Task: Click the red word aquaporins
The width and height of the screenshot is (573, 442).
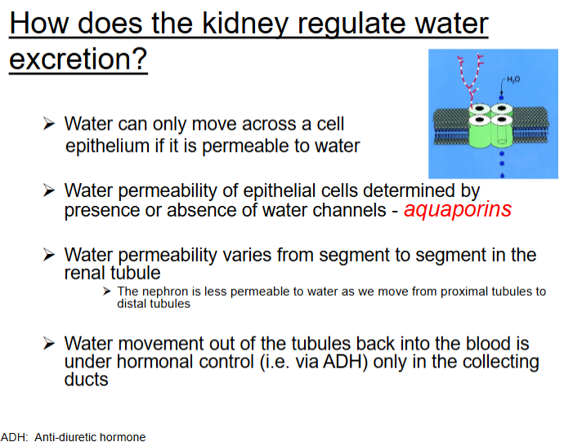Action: pos(458,210)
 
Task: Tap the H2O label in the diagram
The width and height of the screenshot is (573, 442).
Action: pos(513,79)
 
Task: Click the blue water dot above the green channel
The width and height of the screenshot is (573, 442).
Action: pos(501,97)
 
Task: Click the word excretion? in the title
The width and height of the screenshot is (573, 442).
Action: pos(78,59)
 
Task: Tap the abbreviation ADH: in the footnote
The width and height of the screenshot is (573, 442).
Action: pos(14,437)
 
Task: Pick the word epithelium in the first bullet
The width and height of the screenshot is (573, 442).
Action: pos(107,145)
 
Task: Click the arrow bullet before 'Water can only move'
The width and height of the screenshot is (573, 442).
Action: pos(49,124)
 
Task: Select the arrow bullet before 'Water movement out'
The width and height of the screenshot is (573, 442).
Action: pos(49,343)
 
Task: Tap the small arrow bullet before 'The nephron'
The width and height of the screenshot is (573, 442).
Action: pos(106,291)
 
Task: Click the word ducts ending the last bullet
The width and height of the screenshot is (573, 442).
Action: pos(87,379)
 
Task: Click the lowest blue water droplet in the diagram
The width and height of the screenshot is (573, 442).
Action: pos(502,176)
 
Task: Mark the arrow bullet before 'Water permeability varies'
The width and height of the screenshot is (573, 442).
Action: pos(49,255)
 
